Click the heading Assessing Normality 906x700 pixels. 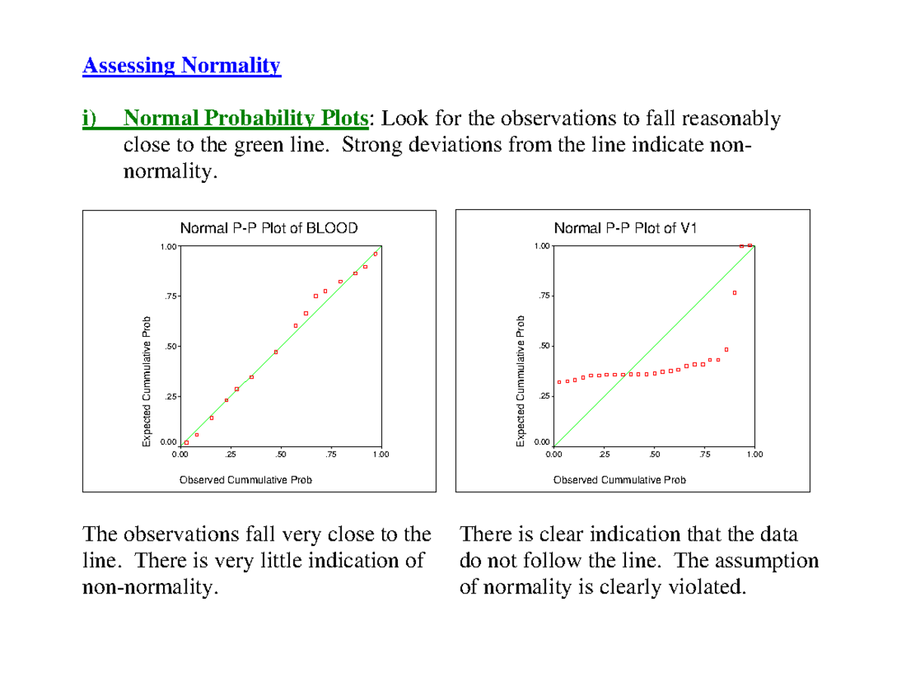click(x=181, y=66)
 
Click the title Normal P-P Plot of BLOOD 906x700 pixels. click(x=268, y=228)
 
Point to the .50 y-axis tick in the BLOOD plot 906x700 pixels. click(x=169, y=347)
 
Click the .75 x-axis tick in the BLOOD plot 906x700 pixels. click(x=331, y=454)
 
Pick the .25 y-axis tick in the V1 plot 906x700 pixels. click(x=542, y=397)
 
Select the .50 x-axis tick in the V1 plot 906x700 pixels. click(x=654, y=454)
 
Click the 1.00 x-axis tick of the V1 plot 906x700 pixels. click(x=754, y=454)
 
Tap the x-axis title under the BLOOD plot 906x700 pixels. click(x=245, y=480)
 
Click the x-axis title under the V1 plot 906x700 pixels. click(x=619, y=480)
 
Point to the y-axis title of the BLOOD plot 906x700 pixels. click(x=147, y=381)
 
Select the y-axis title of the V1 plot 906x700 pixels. click(x=520, y=381)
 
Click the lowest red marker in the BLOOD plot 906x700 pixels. click(x=186, y=443)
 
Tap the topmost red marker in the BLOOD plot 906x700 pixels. click(x=375, y=254)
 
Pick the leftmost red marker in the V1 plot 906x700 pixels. click(x=559, y=382)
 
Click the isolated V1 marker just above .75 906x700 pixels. click(x=734, y=293)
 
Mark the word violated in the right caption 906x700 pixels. click(x=704, y=586)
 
